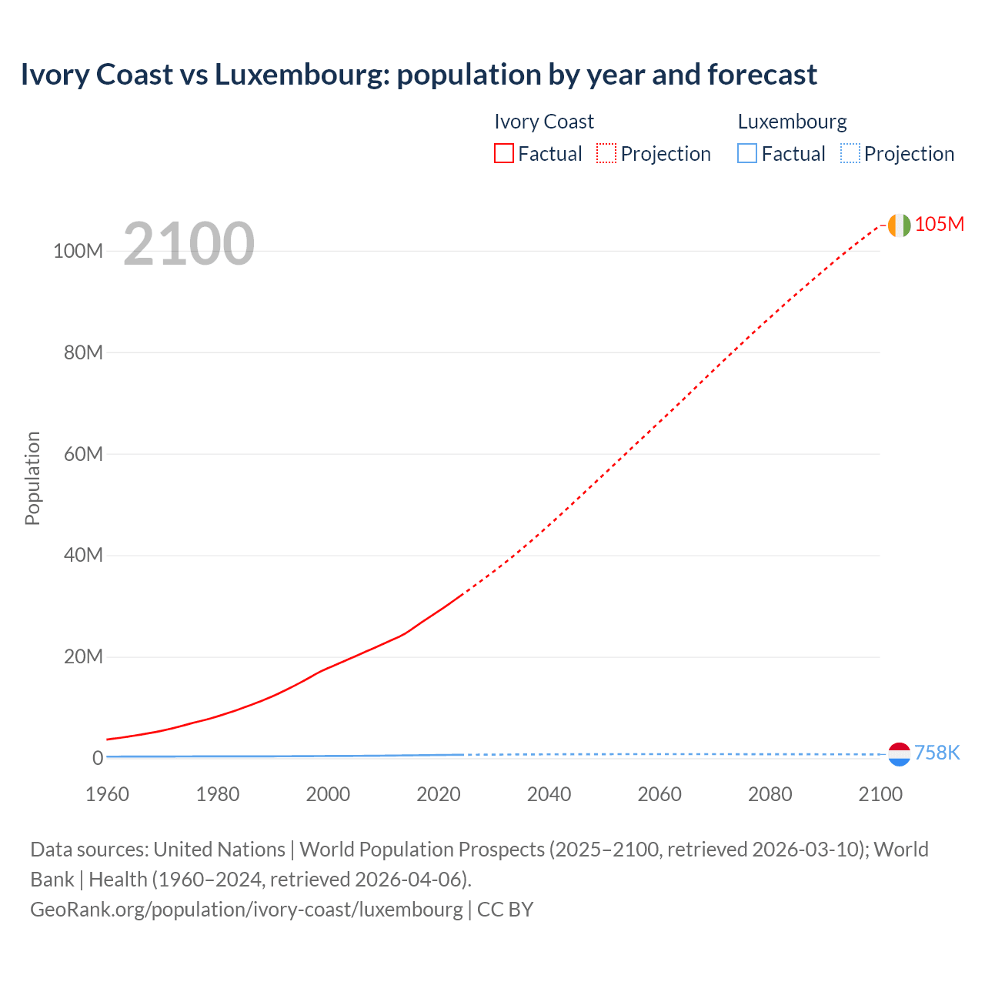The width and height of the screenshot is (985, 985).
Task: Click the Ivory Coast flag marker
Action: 899,225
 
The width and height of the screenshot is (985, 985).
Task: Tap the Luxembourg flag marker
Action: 899,754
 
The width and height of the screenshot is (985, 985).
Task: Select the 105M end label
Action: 939,224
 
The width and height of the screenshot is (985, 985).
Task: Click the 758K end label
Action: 937,753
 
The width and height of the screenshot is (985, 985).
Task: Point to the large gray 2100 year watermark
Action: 189,244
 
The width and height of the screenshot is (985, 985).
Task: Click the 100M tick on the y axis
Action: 78,251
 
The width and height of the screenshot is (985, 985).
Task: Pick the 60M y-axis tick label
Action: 83,454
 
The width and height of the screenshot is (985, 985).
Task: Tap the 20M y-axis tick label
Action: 83,656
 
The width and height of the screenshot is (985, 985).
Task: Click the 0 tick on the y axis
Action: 98,758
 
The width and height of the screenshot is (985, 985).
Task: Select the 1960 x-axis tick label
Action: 107,794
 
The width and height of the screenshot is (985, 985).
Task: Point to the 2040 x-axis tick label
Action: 549,794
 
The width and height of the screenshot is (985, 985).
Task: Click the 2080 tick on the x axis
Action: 770,794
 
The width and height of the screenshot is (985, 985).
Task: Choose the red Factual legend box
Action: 504,154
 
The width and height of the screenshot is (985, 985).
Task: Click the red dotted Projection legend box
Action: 606,154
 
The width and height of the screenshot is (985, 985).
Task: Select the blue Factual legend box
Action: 747,154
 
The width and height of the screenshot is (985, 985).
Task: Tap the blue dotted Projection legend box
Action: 850,154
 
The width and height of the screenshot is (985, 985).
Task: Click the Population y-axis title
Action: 32,478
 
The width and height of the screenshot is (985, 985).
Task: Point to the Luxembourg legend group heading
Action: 792,122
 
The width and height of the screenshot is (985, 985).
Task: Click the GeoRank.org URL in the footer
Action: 246,909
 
